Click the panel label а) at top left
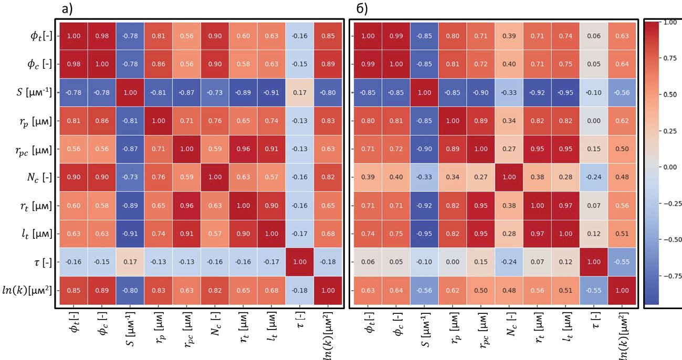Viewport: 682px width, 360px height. click(x=67, y=9)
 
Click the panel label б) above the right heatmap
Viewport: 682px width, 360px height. click(x=362, y=9)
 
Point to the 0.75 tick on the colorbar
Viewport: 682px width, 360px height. click(x=670, y=58)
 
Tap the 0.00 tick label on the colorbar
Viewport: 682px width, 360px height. click(x=670, y=167)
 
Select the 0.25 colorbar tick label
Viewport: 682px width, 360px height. click(x=670, y=131)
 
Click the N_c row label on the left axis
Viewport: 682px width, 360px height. click(x=39, y=177)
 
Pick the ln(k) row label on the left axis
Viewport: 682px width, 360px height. click(x=27, y=290)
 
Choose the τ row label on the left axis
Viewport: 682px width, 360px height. click(x=43, y=262)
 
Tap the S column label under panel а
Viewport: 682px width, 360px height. click(x=130, y=329)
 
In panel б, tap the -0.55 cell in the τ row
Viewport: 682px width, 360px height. click(x=622, y=262)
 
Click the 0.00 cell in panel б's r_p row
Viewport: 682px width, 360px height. click(x=594, y=121)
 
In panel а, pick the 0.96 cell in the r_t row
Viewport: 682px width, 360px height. click(x=186, y=206)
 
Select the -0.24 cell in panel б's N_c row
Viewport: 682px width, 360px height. click(x=594, y=177)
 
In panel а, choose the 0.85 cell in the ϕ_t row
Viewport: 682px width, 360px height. click(x=328, y=36)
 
